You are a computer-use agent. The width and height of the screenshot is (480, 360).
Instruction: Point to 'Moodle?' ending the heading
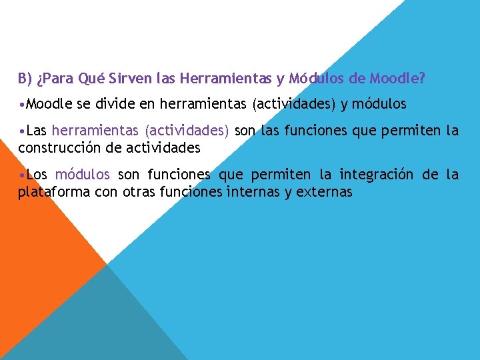tap(399, 79)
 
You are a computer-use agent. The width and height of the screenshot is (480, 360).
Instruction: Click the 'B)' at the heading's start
tap(25, 79)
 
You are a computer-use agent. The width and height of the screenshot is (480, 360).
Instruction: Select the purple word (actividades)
tap(187, 131)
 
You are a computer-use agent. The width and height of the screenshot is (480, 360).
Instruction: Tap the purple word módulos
tap(83, 175)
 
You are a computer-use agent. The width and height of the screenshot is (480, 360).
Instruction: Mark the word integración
tap(378, 175)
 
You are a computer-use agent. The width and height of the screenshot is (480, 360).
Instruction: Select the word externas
tap(325, 193)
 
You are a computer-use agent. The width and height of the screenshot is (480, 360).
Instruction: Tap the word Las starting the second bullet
tap(36, 131)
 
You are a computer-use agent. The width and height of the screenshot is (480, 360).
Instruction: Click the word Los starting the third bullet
tap(37, 175)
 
